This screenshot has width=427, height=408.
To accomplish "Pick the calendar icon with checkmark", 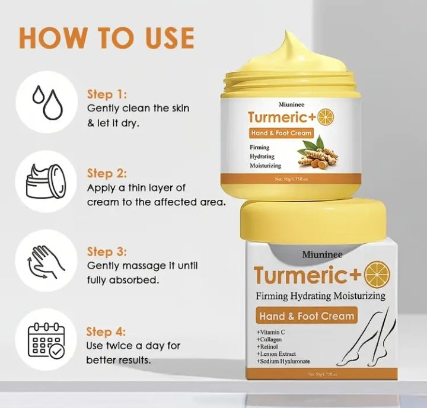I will (x=46, y=344).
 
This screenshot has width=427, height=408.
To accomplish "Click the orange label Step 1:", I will (x=107, y=94).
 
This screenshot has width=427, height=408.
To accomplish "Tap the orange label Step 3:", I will (x=107, y=251).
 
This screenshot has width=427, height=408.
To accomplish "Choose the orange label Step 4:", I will (x=107, y=332).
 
